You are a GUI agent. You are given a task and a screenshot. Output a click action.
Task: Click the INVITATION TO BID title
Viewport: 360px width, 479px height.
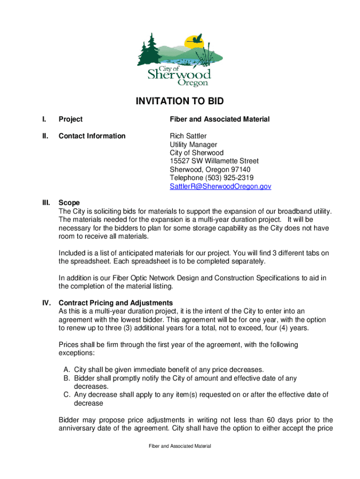(x=180, y=102)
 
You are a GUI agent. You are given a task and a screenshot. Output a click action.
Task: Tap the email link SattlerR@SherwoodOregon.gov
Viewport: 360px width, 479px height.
(x=220, y=186)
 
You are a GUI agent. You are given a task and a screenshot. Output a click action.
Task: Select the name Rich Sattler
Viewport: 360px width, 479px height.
(x=188, y=136)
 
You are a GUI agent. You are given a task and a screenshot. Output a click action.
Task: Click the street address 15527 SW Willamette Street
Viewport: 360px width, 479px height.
(x=214, y=161)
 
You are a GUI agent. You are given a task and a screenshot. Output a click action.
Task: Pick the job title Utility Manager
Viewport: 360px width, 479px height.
(x=193, y=145)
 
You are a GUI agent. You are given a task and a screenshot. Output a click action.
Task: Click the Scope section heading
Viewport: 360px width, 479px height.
(x=69, y=203)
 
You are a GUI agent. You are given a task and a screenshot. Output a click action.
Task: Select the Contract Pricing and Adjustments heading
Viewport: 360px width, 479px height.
(x=115, y=303)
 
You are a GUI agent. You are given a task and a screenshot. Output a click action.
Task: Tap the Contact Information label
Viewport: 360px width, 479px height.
(x=92, y=136)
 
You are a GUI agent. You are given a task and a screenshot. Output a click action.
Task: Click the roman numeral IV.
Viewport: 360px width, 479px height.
(x=46, y=303)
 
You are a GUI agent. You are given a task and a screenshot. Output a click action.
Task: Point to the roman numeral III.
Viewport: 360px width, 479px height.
(x=46, y=203)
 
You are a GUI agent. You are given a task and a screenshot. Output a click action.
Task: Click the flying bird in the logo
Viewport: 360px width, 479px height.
(x=198, y=38)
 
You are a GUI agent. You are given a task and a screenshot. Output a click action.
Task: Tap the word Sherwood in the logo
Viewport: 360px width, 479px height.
(x=179, y=74)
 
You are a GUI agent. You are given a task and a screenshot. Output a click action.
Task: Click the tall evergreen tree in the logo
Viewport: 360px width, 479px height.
(x=148, y=49)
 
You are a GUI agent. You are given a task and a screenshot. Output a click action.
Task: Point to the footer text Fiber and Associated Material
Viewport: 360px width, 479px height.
(x=180, y=446)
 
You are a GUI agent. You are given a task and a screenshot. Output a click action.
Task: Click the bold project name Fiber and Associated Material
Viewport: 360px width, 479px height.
(x=219, y=120)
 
